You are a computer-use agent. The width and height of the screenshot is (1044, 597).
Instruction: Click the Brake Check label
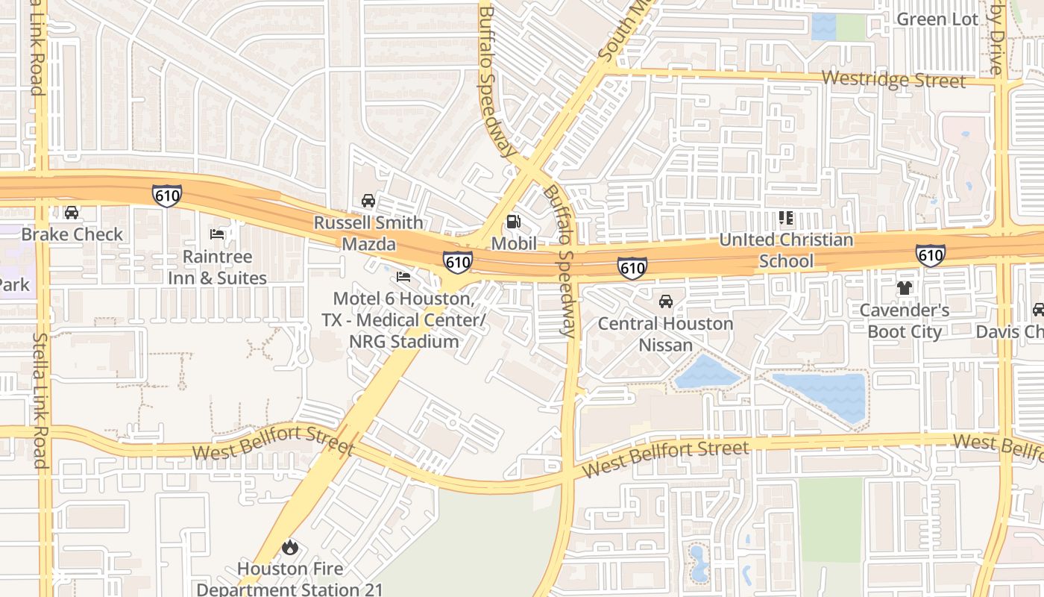click(x=72, y=234)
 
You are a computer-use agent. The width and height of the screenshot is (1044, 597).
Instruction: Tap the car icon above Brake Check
click(x=72, y=213)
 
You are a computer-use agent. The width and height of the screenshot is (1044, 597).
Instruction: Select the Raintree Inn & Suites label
click(x=217, y=267)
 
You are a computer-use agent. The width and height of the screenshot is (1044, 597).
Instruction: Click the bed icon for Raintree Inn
click(x=217, y=234)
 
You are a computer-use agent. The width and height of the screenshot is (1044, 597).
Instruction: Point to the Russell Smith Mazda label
click(x=368, y=233)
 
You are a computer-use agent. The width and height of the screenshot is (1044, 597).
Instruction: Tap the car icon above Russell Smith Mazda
click(x=368, y=200)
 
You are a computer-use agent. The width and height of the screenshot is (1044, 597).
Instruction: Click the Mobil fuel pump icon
click(x=513, y=221)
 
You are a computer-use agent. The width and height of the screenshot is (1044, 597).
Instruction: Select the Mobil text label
click(x=513, y=244)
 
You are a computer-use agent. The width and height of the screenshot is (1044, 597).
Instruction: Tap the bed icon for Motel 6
click(x=403, y=277)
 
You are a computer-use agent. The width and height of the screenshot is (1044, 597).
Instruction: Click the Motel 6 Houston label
click(x=403, y=320)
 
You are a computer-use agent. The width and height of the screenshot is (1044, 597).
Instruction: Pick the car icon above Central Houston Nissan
click(x=665, y=301)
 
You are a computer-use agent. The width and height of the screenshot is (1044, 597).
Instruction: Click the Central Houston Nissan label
click(x=665, y=334)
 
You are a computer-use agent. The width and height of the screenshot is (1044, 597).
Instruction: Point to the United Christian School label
click(x=786, y=251)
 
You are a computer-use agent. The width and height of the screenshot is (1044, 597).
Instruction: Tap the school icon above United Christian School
click(x=785, y=218)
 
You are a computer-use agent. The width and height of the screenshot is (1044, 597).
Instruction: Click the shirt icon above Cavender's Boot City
click(x=905, y=288)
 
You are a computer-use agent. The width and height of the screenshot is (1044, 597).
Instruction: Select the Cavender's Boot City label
click(x=905, y=321)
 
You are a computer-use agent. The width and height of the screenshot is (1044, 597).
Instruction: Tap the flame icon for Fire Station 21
click(x=289, y=548)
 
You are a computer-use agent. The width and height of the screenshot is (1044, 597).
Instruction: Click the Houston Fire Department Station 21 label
click(x=289, y=579)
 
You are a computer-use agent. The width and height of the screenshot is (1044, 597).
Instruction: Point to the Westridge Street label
click(x=893, y=79)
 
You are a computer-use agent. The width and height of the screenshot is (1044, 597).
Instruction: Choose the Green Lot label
click(x=937, y=19)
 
